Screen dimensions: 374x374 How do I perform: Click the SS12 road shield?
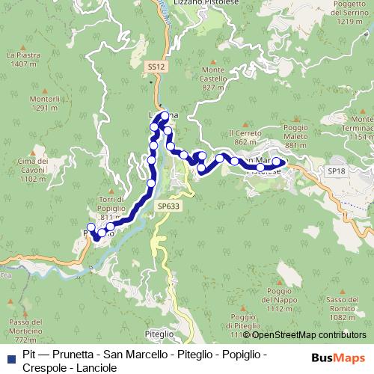[154, 67]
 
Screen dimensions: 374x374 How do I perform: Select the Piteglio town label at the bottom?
[159, 334]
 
